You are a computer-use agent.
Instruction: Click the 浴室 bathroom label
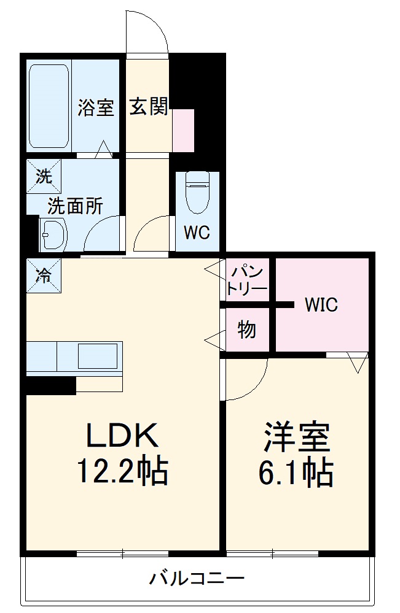pos(96,108)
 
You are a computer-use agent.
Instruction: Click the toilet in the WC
pos(197,193)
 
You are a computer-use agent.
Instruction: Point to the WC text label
pos(197,233)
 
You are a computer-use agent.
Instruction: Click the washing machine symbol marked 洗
pos(44,177)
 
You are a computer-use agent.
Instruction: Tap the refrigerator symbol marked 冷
pos(44,276)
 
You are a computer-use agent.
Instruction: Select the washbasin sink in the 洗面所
pos(53,234)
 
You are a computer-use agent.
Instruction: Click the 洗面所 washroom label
pos(76,207)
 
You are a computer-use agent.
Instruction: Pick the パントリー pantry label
pos(248,280)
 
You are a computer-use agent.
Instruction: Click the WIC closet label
pos(321,304)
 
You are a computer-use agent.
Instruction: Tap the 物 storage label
pos(246,330)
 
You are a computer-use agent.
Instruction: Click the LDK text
pos(122,437)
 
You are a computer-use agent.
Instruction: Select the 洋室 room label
pos(297,437)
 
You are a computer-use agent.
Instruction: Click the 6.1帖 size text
pos(297,472)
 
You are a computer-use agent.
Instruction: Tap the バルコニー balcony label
pos(197,578)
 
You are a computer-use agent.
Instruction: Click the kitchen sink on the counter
pos(97,357)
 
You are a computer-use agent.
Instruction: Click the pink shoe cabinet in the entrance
pos(183,130)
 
